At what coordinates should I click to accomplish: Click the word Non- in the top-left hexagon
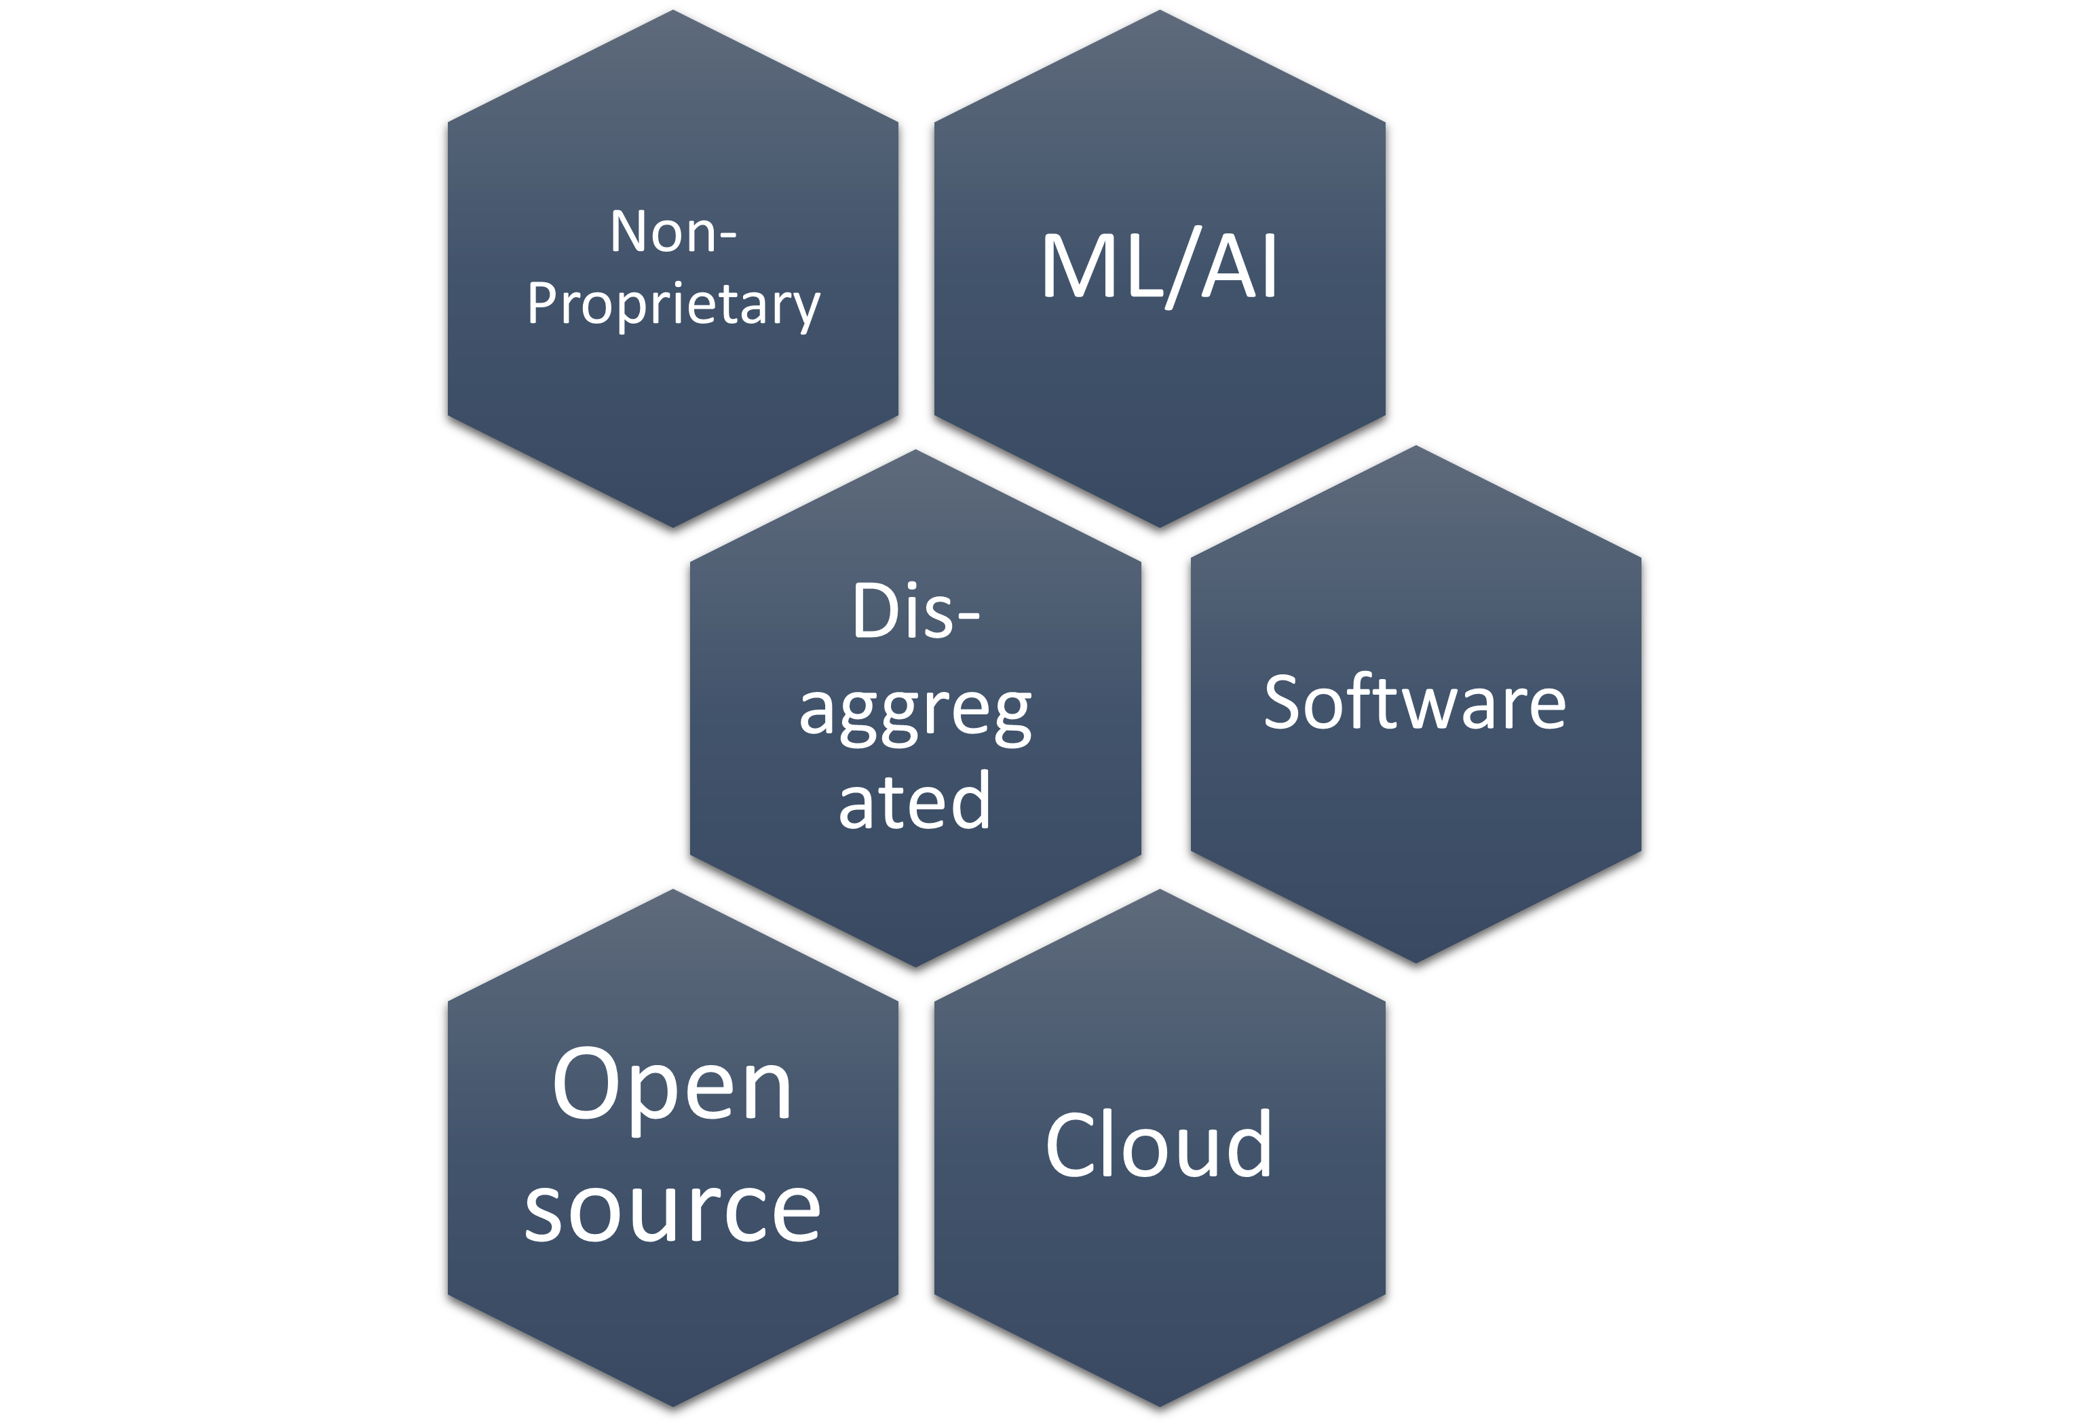[672, 232]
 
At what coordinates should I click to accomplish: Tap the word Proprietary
[672, 304]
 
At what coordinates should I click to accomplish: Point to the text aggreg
[915, 713]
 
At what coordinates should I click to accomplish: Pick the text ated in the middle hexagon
[915, 801]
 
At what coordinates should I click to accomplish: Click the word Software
[1415, 702]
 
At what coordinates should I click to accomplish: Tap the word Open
[672, 1086]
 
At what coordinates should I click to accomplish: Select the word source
[672, 1210]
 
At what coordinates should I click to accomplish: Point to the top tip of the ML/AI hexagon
[1159, 13]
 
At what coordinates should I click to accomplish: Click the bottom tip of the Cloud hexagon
[1159, 1404]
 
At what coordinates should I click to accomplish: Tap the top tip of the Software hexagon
[1415, 448]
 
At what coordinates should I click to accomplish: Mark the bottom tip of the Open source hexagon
[672, 1404]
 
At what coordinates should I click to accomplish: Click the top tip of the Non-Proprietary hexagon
[672, 13]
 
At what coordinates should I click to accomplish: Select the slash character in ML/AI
[1181, 268]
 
